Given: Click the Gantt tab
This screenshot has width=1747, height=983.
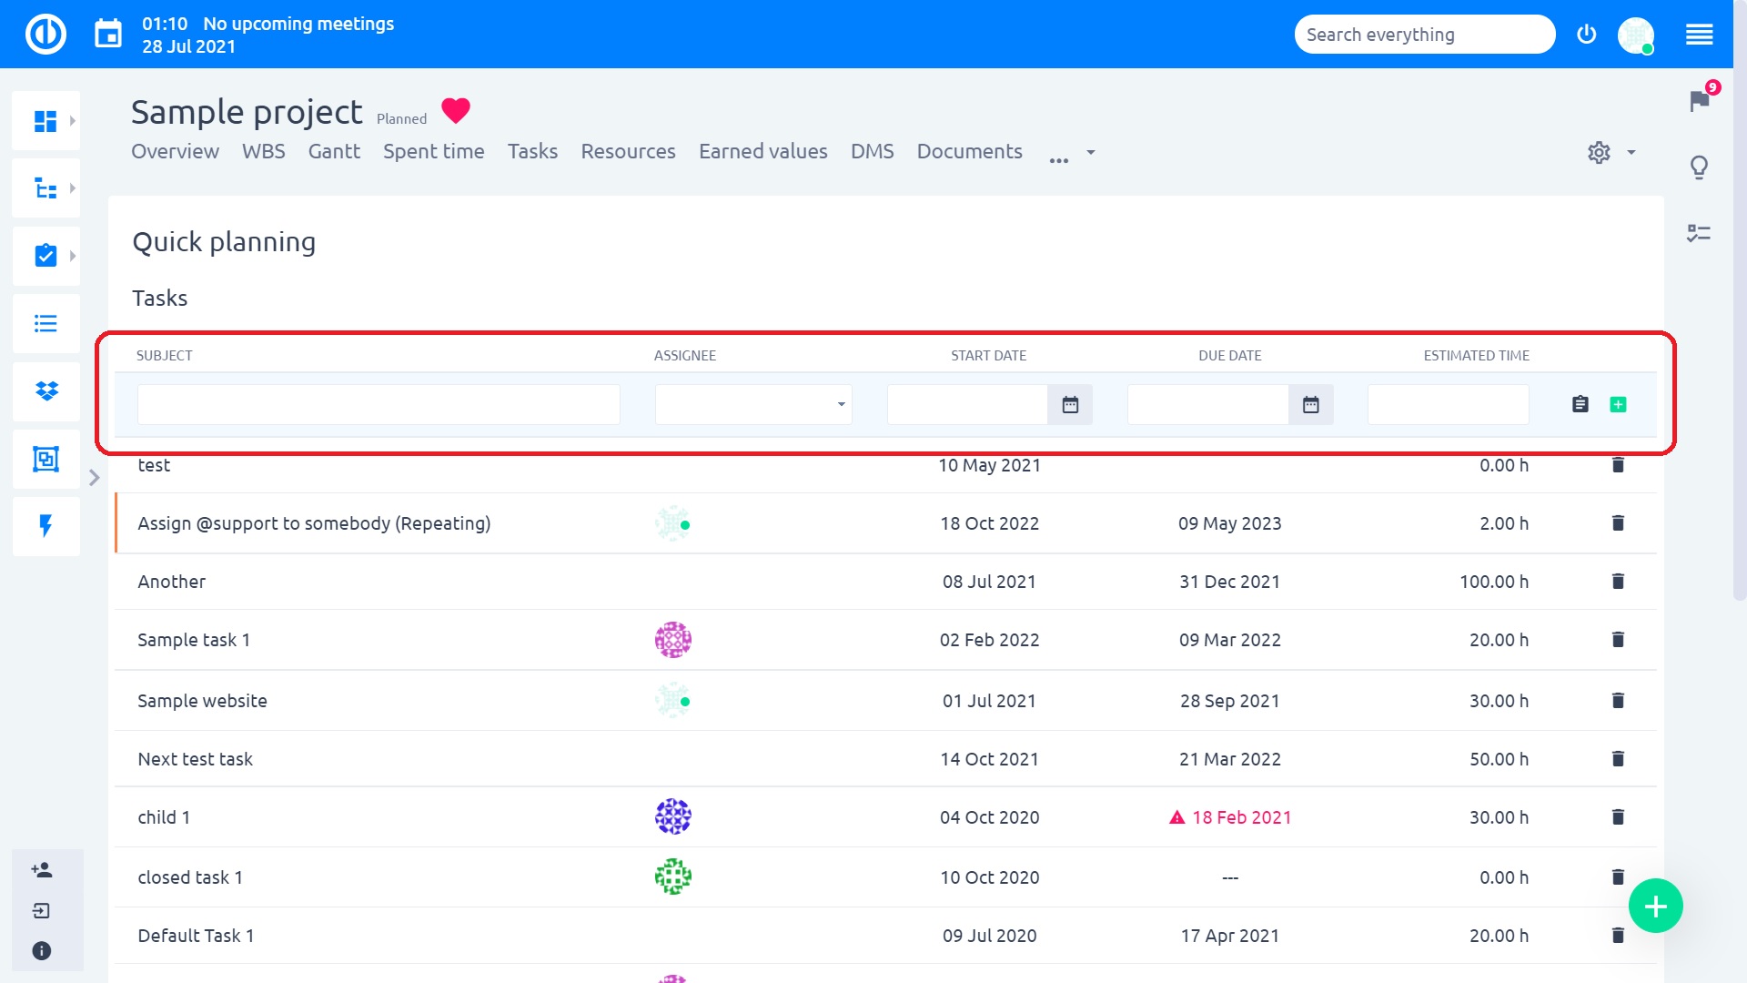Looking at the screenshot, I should [x=334, y=151].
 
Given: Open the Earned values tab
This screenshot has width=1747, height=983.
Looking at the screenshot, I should [x=762, y=151].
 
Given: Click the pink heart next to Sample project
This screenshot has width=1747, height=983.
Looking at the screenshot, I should [x=456, y=111].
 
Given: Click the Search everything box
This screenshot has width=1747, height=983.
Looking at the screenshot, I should [x=1424, y=35].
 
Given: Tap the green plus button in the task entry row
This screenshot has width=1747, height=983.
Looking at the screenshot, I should [x=1618, y=405].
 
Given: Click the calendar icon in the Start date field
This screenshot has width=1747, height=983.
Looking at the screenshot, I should [x=1070, y=405].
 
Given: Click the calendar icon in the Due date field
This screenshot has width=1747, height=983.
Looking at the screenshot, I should [x=1310, y=405].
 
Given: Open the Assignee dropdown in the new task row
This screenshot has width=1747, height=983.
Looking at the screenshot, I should [x=753, y=405].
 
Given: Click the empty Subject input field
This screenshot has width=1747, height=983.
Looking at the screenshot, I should [x=379, y=405].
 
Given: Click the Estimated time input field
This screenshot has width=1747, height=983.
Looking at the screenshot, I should [x=1448, y=405].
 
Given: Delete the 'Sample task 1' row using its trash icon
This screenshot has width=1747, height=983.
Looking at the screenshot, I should [x=1618, y=640].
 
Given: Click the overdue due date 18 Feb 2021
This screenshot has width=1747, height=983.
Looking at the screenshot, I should [x=1241, y=817].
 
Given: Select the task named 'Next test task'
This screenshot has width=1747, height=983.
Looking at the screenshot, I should [x=195, y=759].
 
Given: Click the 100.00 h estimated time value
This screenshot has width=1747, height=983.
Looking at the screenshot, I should [x=1493, y=582].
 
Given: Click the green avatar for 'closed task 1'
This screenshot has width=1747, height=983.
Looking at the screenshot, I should [x=673, y=877].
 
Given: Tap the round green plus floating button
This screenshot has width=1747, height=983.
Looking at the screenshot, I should [x=1655, y=906].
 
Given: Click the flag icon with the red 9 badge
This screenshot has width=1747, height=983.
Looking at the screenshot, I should [x=1699, y=100].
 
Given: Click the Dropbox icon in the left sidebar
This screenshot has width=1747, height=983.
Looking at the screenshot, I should [x=46, y=391].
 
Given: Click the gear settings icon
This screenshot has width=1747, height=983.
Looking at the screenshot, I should [x=1599, y=152].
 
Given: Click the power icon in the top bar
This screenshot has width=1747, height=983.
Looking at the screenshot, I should [x=1586, y=35].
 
